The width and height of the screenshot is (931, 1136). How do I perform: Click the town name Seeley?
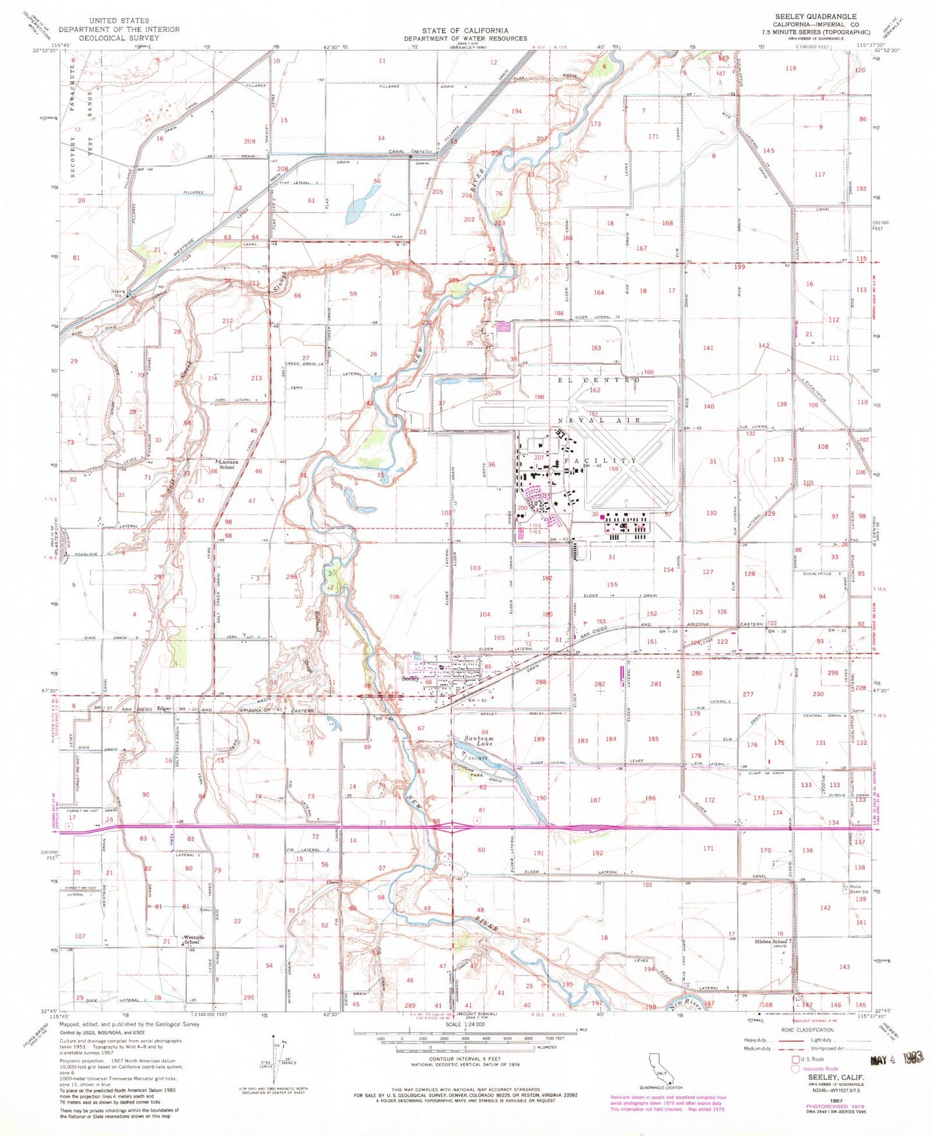point(410,679)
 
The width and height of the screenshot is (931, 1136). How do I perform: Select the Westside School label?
point(193,939)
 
